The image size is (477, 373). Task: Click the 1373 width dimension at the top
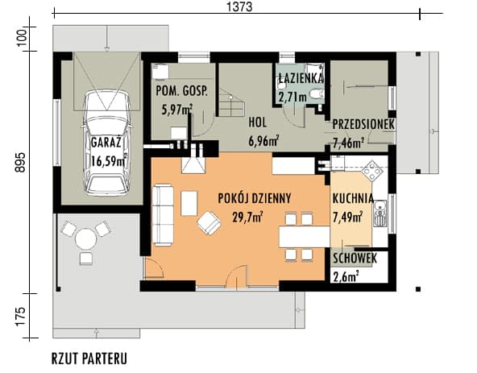click(240, 6)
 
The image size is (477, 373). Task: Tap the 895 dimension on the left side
click(20, 162)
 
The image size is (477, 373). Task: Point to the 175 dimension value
click(20, 317)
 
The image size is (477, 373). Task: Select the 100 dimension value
click(22, 38)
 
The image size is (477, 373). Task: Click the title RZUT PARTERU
click(89, 358)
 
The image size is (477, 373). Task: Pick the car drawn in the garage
click(107, 143)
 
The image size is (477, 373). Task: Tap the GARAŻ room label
click(106, 143)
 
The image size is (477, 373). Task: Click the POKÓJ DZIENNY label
click(255, 198)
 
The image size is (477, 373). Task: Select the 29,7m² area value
click(247, 218)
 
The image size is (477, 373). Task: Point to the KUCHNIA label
click(353, 198)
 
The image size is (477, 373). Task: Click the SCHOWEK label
click(355, 259)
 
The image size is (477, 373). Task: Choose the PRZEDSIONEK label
click(363, 124)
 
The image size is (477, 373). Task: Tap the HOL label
click(258, 122)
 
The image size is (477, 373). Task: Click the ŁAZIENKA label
click(301, 78)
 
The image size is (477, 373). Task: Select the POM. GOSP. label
click(181, 91)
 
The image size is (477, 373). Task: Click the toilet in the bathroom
click(317, 94)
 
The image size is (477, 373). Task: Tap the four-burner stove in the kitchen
click(371, 171)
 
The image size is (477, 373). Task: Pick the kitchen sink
click(380, 213)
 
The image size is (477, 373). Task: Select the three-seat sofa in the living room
click(162, 215)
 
